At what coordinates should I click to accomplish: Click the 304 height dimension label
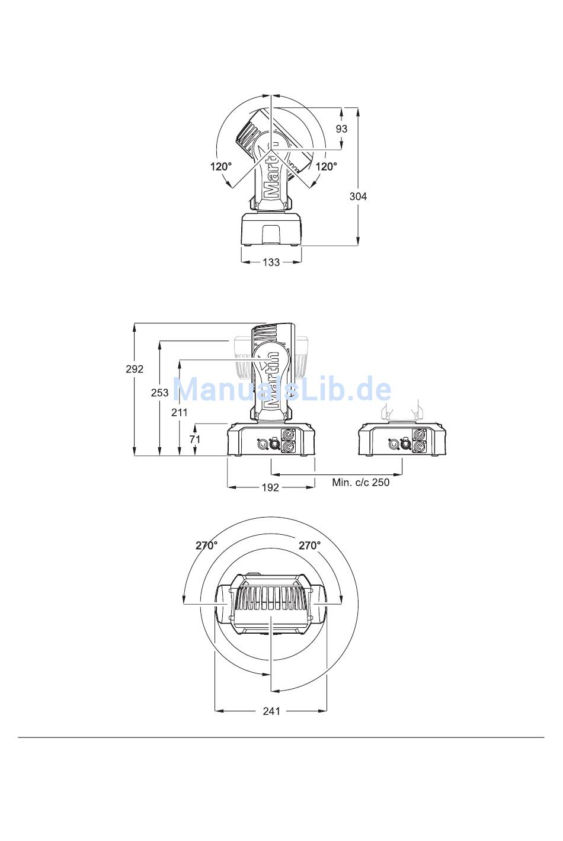coord(358,197)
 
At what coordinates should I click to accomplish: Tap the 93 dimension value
coord(341,129)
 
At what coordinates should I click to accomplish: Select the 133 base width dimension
coord(271,262)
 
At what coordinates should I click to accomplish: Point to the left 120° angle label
coord(221,166)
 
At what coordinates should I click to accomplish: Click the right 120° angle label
coord(326,166)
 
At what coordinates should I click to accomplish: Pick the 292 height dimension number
coord(135,369)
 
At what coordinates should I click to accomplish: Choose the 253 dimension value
coord(159,393)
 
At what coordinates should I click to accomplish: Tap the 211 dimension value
coord(179,413)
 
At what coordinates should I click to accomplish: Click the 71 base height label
coord(194,439)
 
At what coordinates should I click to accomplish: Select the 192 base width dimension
coord(270,487)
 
